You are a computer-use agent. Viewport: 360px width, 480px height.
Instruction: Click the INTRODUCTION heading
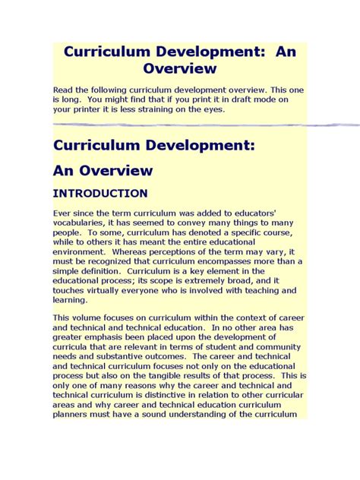100,194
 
